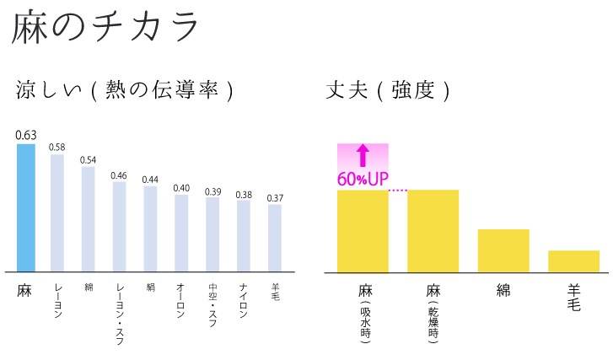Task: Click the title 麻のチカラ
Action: pos(105,29)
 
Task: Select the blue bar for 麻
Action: pos(26,207)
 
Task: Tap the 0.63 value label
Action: pos(26,134)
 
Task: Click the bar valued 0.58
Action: pos(57,212)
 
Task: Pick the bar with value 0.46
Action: pos(120,227)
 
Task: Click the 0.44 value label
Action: pos(150,179)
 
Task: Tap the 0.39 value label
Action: pos(212,191)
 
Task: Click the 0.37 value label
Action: pos(275,197)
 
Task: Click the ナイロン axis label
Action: pos(244,298)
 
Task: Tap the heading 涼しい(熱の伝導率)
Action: pos(124,91)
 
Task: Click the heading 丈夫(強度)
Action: pos(387,91)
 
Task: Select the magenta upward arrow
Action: pos(363,155)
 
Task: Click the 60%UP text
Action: pos(363,179)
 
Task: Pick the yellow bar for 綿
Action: pos(503,250)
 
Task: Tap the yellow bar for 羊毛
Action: pos(573,261)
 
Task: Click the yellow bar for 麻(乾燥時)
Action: pos(433,231)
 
